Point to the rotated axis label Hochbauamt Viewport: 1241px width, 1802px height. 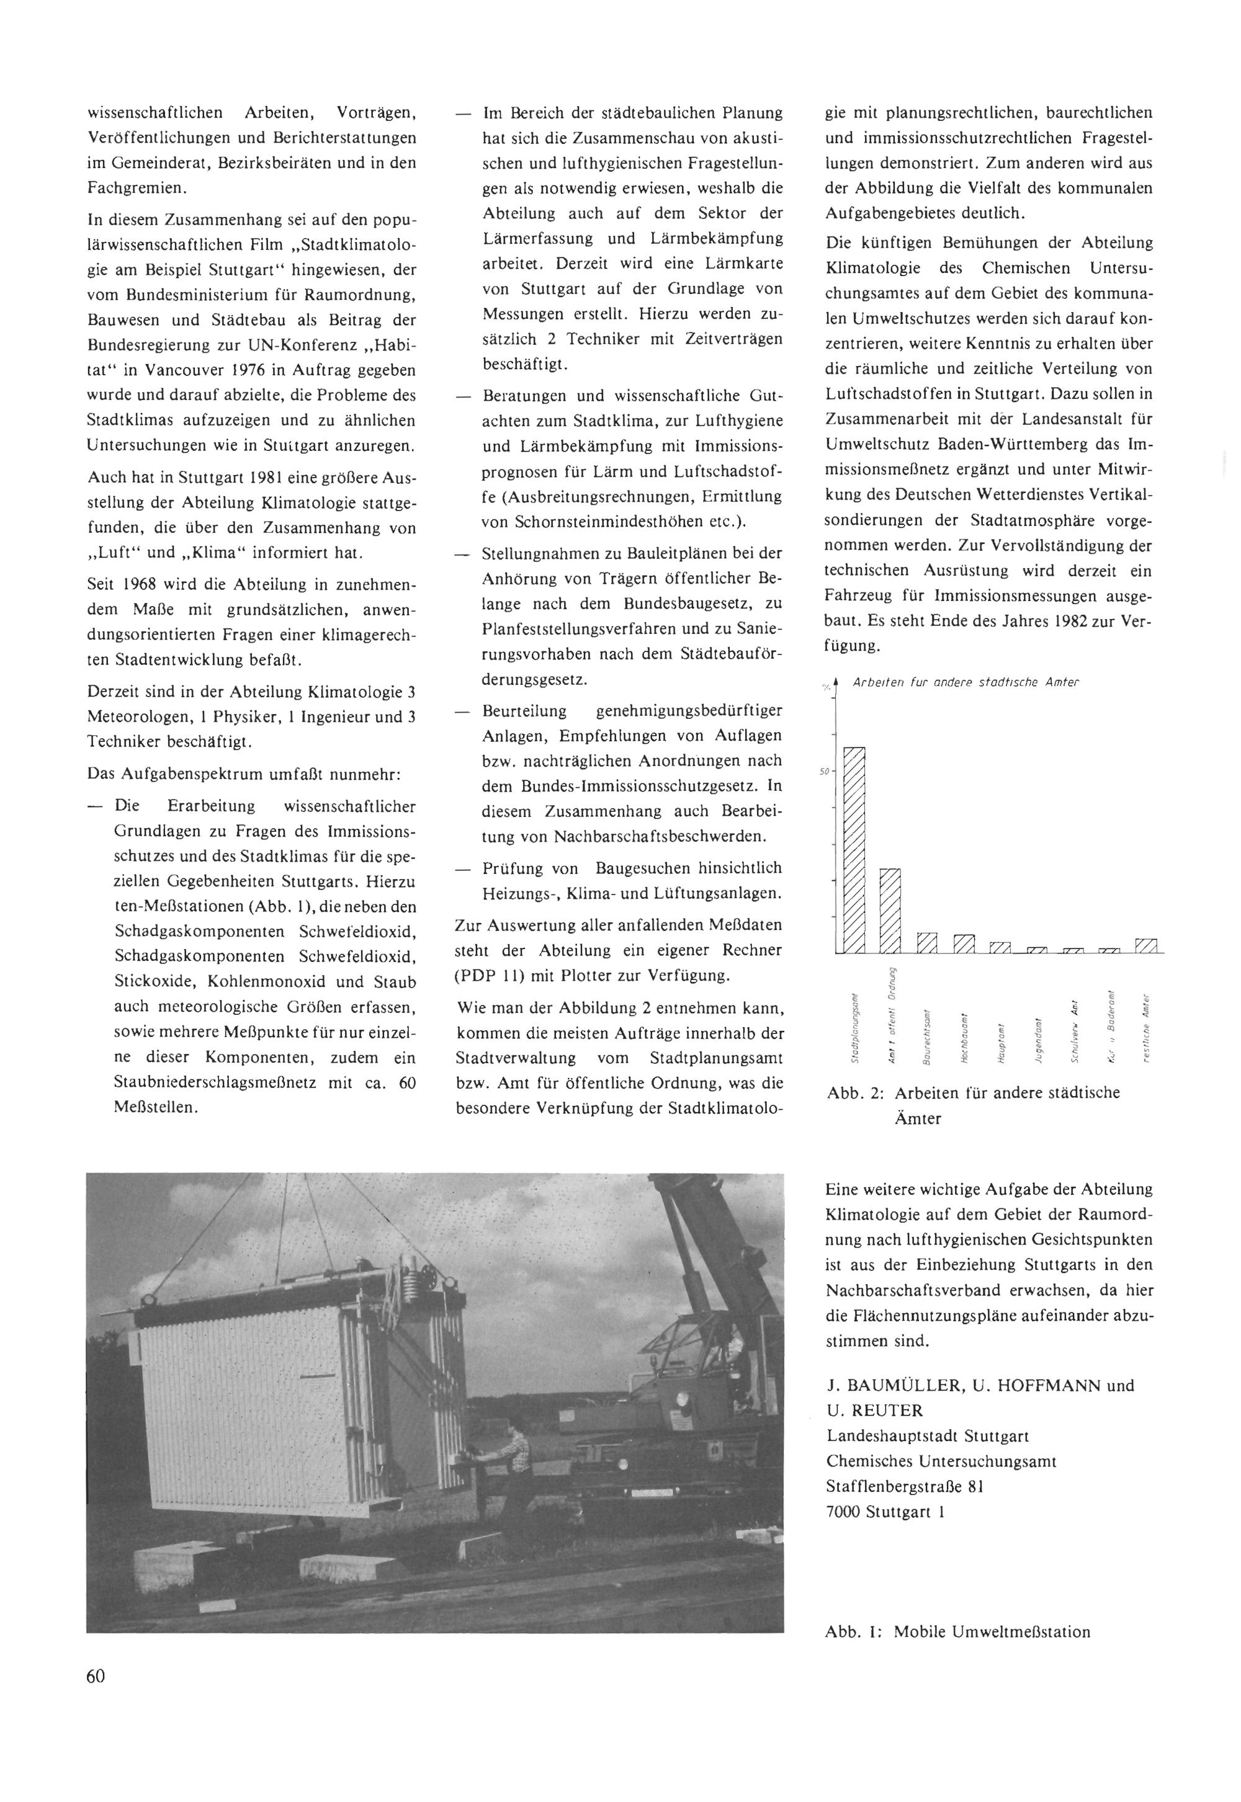(x=964, y=1040)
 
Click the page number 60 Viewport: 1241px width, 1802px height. (x=96, y=1697)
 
